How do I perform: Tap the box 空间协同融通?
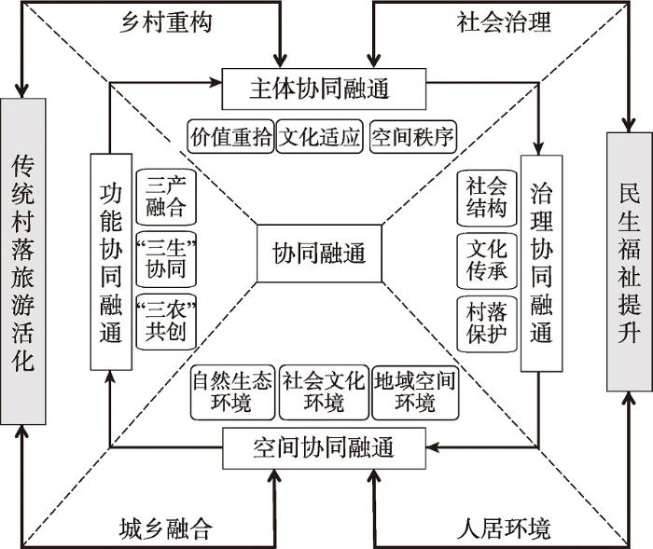(x=324, y=448)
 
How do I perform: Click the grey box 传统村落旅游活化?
(x=23, y=262)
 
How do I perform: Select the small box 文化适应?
(x=320, y=138)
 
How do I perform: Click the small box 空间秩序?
(x=411, y=138)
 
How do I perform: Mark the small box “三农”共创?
(x=166, y=323)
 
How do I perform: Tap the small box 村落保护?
(x=486, y=323)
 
